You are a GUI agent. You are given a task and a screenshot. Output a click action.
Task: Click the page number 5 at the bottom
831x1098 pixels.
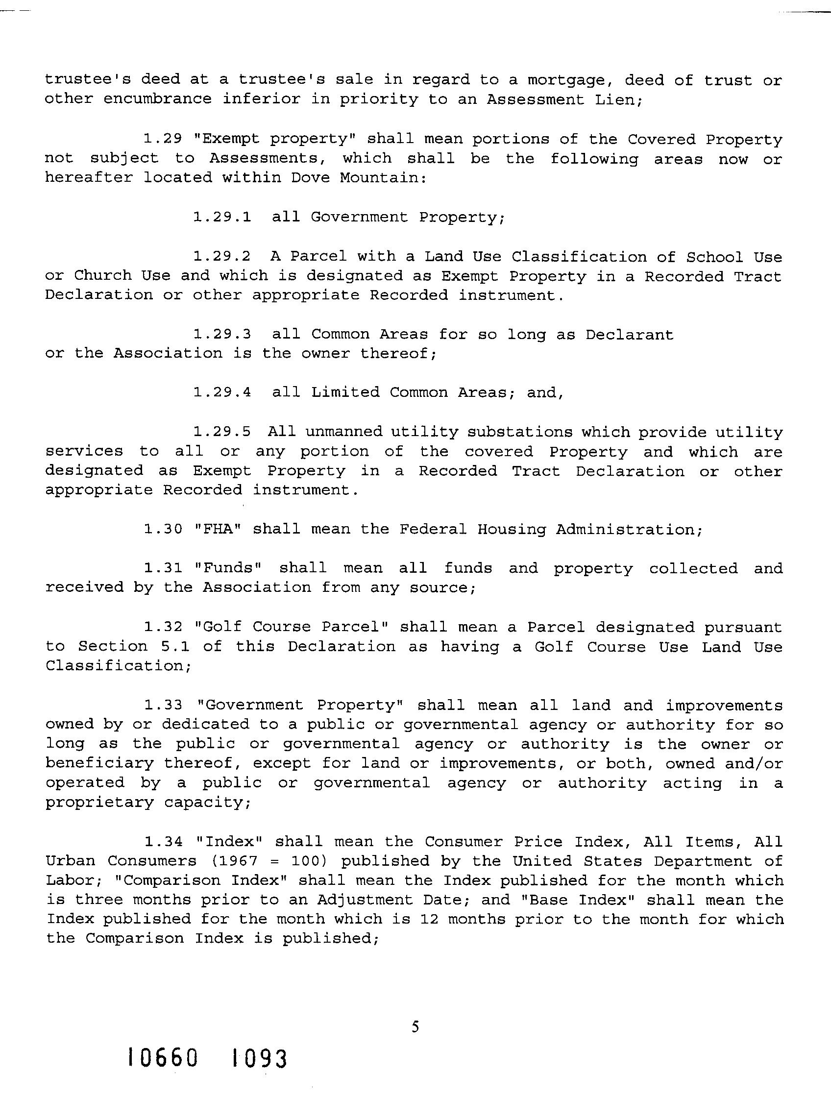pos(415,1026)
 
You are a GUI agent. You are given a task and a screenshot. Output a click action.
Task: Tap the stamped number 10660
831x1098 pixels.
pos(163,1058)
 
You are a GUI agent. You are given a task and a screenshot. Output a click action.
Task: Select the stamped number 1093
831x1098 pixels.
pos(259,1058)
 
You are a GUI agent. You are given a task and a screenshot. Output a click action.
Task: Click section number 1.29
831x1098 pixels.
pos(163,139)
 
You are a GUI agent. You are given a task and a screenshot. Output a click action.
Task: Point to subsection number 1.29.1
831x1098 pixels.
pos(222,217)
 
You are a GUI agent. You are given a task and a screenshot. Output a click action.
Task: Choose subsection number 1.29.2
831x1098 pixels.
pos(222,256)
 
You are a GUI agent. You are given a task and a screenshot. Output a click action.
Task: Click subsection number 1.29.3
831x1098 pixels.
pos(222,334)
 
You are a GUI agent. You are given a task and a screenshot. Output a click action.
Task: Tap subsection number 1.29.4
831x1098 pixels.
pos(222,392)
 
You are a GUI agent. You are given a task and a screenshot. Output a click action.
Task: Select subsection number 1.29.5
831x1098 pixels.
pos(222,431)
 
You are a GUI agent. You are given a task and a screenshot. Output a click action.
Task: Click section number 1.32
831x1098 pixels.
pos(163,627)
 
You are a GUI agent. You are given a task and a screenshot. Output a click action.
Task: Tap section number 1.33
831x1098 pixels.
pos(163,705)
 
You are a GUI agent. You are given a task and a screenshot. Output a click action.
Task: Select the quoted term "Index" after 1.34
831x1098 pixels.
pos(229,841)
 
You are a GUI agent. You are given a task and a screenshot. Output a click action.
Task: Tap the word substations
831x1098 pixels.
pos(520,432)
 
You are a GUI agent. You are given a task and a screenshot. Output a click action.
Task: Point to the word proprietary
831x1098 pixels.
pos(99,803)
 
